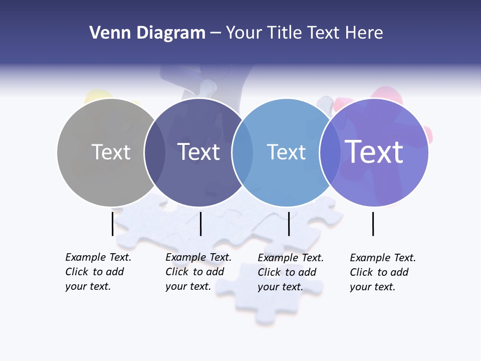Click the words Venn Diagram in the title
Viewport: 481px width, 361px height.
click(x=147, y=33)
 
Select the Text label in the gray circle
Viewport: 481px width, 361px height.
click(x=111, y=152)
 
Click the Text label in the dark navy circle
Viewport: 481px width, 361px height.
click(x=198, y=152)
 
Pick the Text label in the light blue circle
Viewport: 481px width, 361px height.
click(x=286, y=152)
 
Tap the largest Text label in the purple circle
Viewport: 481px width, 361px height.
click(x=374, y=151)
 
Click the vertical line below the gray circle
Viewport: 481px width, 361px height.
click(x=112, y=224)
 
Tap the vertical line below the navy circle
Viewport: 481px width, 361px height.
click(x=200, y=224)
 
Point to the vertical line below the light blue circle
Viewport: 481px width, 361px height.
click(x=289, y=224)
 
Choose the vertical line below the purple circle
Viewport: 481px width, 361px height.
click(x=373, y=224)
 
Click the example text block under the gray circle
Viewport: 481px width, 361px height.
click(x=98, y=272)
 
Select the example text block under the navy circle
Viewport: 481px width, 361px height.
click(x=198, y=272)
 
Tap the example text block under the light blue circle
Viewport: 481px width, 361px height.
click(x=290, y=272)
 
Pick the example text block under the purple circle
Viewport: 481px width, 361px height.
click(x=382, y=272)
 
